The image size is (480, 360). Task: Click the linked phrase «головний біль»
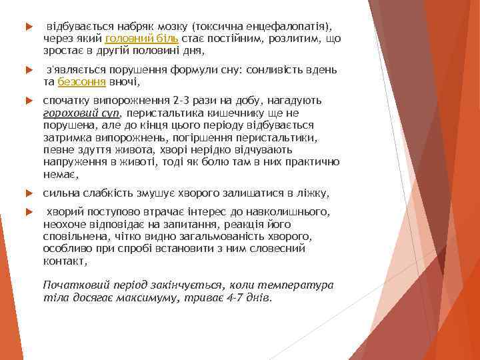(141, 39)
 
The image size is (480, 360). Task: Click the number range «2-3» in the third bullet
(181, 101)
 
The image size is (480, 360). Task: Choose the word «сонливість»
(270, 70)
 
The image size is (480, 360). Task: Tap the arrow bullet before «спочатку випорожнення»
(27, 101)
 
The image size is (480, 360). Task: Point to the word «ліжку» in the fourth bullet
(313, 194)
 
